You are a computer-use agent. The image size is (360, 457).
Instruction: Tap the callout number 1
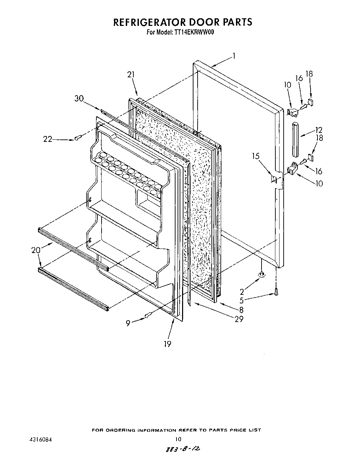(234, 56)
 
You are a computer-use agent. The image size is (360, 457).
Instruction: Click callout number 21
(131, 75)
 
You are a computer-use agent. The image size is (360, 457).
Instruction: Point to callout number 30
(79, 98)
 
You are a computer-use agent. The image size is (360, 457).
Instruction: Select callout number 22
(48, 139)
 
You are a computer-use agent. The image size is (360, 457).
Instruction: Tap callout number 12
(319, 130)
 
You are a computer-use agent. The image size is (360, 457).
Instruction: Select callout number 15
(256, 156)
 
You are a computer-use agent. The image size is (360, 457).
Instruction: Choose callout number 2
(241, 291)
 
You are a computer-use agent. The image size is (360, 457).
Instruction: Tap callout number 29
(239, 319)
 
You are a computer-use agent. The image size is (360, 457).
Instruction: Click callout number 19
(168, 344)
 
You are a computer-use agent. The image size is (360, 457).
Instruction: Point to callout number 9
(129, 323)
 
